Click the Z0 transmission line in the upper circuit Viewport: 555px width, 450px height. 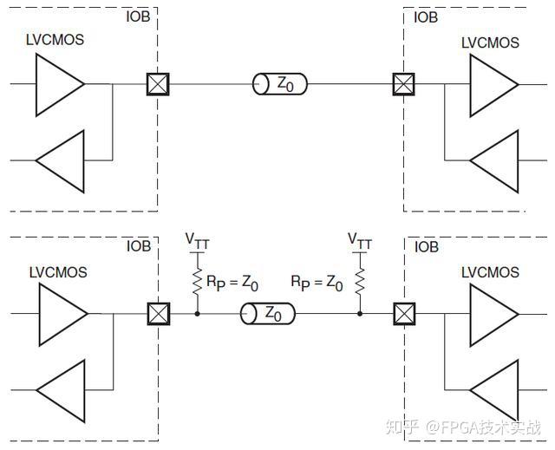point(280,84)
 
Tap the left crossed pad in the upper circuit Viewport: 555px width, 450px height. point(158,84)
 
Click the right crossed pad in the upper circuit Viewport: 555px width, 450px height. point(403,84)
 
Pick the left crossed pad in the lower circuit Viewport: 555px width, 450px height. point(158,312)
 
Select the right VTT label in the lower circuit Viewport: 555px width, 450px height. point(359,240)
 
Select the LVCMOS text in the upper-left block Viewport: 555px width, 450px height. point(56,41)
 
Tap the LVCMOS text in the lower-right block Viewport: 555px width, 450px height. point(490,272)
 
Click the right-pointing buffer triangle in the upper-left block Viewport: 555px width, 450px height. point(59,84)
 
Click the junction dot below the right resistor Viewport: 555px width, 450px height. point(359,312)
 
